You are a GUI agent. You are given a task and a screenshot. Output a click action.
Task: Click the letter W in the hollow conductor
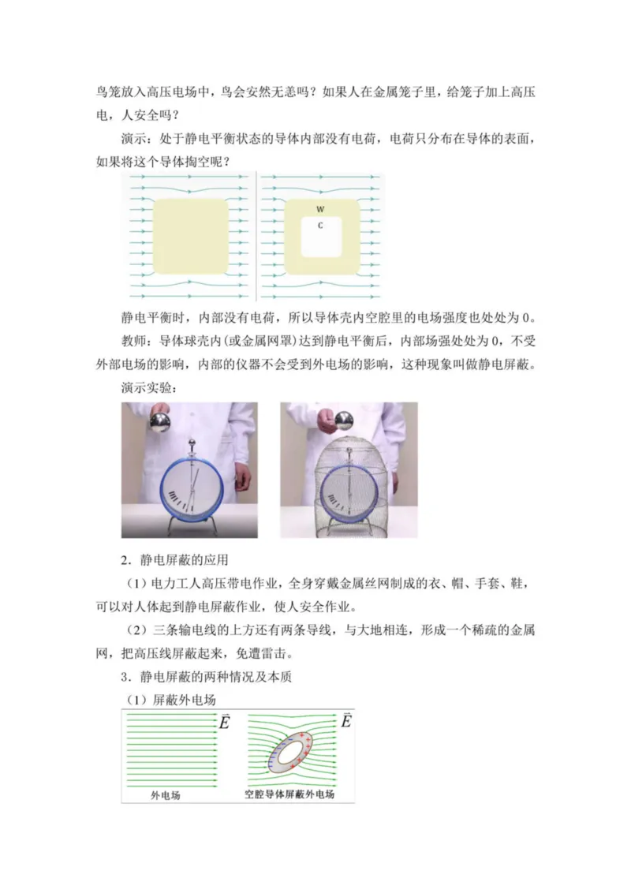pos(320,209)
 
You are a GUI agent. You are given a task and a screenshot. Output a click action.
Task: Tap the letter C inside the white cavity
pos(320,226)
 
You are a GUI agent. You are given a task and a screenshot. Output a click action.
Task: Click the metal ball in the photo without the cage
pos(161,422)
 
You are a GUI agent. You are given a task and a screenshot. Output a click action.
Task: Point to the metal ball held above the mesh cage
pos(345,420)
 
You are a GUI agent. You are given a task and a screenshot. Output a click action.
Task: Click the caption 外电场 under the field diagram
pos(166,794)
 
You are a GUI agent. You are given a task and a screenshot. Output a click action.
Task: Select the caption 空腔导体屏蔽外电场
pos(290,794)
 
